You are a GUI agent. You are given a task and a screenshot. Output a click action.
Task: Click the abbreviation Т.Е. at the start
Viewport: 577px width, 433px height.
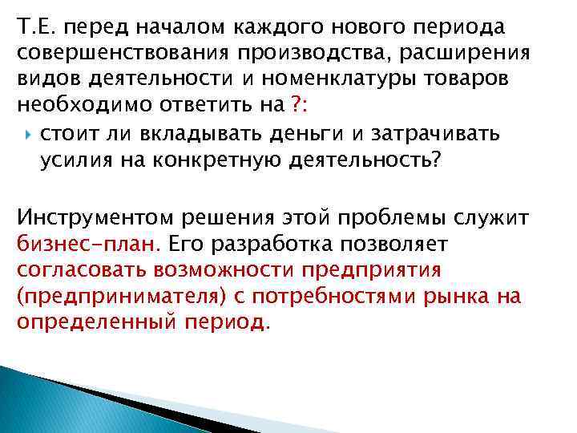33,28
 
